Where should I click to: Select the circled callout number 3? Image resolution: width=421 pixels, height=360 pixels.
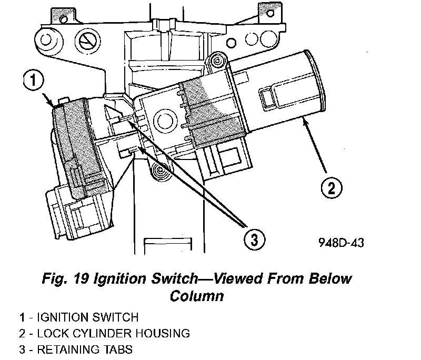click(x=254, y=240)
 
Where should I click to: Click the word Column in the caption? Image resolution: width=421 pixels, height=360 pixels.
click(x=197, y=296)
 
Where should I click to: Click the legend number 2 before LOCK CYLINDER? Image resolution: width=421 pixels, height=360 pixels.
click(x=22, y=333)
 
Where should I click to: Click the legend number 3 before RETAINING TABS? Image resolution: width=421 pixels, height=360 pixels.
click(x=22, y=349)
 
